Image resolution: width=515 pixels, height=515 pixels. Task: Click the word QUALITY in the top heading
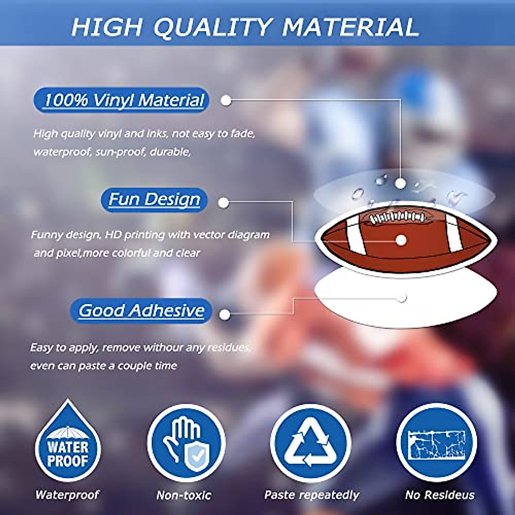[x=212, y=27]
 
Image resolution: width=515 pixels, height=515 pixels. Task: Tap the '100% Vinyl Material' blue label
[x=121, y=100]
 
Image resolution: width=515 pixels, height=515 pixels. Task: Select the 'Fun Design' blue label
[x=154, y=200]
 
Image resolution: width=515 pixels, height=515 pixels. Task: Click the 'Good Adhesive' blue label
[x=141, y=311]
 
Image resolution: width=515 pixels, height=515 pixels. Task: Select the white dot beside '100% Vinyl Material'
[x=226, y=100]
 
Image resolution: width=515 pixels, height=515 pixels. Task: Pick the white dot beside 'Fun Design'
[x=224, y=203]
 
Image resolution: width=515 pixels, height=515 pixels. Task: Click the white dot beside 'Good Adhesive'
[x=225, y=315]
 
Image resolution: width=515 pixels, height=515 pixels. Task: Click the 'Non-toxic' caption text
[x=184, y=495]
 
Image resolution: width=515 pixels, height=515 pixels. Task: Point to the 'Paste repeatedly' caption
[x=312, y=495]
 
